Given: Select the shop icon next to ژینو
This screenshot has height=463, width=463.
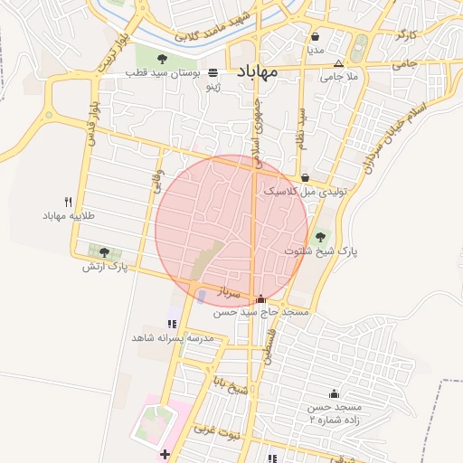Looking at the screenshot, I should [213, 73].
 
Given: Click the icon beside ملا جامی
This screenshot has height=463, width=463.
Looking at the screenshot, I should [338, 64].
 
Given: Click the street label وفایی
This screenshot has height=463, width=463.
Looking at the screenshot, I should [156, 181].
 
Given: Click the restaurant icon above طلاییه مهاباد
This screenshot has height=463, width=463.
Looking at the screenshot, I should [68, 203].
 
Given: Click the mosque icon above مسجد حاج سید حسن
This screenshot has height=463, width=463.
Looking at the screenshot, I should [261, 298].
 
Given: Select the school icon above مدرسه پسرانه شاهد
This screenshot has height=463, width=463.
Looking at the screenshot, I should [172, 324].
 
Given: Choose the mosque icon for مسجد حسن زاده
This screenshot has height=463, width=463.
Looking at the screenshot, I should [334, 393].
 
